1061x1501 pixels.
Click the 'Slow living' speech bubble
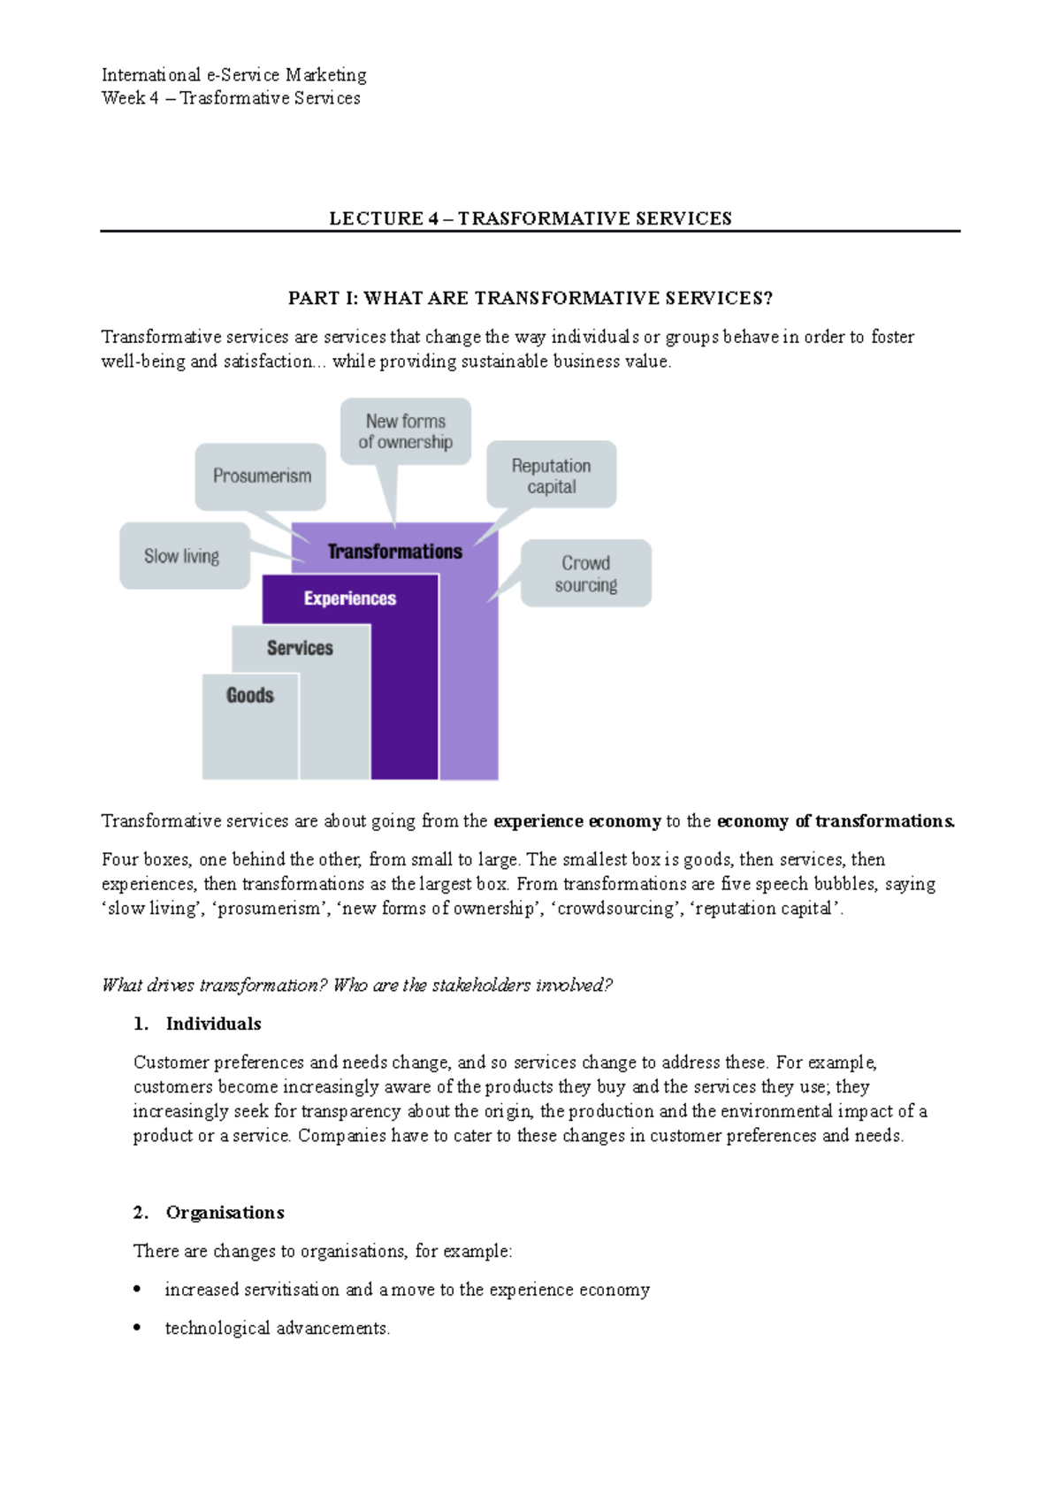[x=183, y=556]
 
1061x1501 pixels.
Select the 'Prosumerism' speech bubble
[x=261, y=476]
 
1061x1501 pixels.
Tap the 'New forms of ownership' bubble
[x=406, y=431]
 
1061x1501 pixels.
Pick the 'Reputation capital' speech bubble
[x=552, y=476]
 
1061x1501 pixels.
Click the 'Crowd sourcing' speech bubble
[x=586, y=574]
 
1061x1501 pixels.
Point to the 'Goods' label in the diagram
[x=250, y=696]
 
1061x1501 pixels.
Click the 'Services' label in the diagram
[x=300, y=648]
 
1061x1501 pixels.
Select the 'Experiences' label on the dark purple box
[x=350, y=598]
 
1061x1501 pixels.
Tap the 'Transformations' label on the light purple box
[x=395, y=552]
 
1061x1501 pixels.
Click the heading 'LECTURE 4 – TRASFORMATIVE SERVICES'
[x=530, y=218]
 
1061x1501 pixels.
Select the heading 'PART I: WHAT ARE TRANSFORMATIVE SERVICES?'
[x=530, y=298]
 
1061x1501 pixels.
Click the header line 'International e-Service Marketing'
[x=234, y=74]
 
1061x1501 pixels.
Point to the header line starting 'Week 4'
[x=231, y=98]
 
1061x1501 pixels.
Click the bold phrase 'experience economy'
[x=576, y=821]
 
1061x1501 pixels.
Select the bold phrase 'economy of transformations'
[x=836, y=821]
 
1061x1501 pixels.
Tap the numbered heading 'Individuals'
[x=213, y=1024]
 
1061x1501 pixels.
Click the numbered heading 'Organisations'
[x=225, y=1213]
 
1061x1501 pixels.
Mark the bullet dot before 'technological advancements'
[x=137, y=1328]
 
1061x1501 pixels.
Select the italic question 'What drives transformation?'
[x=215, y=985]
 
